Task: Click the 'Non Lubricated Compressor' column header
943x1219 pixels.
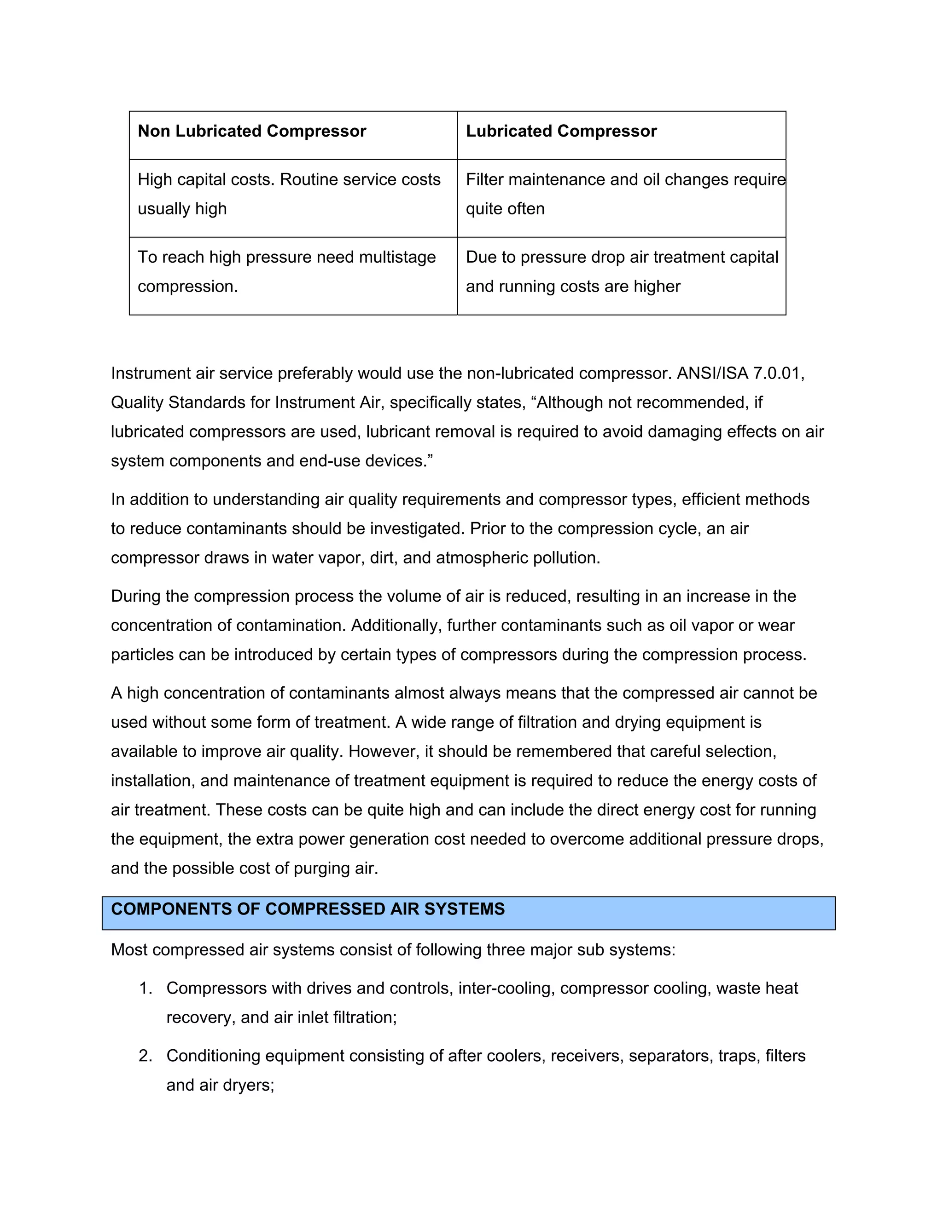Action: tap(252, 131)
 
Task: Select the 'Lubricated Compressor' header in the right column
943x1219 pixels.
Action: tap(561, 131)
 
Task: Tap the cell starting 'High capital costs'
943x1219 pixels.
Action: tap(289, 194)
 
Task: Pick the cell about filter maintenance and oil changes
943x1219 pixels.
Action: tap(625, 194)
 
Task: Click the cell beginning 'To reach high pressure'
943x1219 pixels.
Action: tap(286, 271)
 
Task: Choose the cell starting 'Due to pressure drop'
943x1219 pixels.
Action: tap(622, 271)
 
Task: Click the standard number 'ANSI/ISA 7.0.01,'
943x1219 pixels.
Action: tap(741, 374)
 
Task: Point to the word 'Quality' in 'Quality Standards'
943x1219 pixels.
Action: tap(137, 402)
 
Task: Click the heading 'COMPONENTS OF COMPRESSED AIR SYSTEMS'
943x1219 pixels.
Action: tap(308, 909)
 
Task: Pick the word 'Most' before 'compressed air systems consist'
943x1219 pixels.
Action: tap(129, 950)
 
